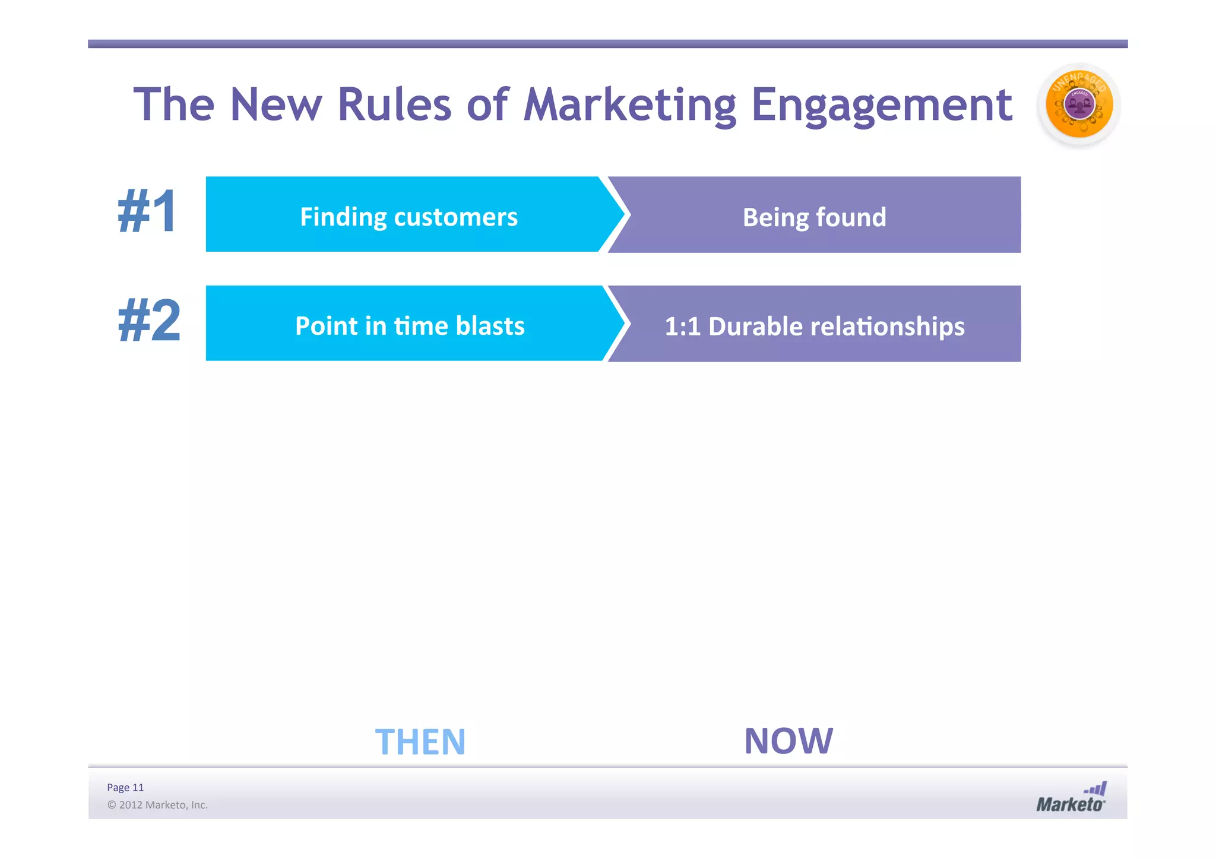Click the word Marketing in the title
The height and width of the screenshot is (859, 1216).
tap(630, 105)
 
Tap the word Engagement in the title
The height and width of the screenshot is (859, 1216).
tap(881, 105)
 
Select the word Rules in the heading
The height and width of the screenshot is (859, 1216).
tap(394, 105)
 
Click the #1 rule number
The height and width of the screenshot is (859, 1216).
tap(147, 212)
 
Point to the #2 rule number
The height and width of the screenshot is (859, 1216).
tap(149, 321)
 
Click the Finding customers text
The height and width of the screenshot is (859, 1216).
tap(408, 217)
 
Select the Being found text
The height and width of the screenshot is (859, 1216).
tap(814, 217)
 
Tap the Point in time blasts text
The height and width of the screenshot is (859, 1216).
tap(410, 326)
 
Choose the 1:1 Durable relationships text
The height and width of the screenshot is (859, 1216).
tap(814, 327)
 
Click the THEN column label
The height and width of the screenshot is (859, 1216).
tap(420, 741)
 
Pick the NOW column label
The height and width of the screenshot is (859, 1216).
tap(788, 741)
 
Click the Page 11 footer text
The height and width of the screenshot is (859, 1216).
tap(125, 787)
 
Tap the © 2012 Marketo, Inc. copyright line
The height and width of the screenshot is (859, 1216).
tap(157, 805)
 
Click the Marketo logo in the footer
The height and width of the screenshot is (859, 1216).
tap(1071, 798)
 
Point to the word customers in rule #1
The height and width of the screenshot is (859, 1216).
tap(455, 217)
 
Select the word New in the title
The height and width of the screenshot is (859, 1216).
tap(275, 105)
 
